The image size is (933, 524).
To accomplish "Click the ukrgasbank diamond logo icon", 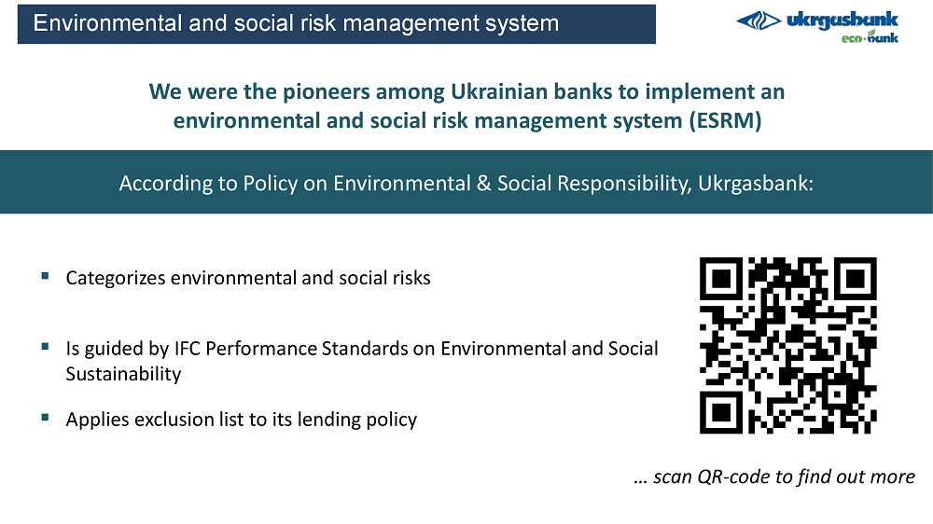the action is [759, 21].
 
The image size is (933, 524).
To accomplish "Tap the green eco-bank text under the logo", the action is [870, 37].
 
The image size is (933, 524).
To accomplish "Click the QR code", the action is [787, 346].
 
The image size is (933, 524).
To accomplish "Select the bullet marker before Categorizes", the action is [45, 275].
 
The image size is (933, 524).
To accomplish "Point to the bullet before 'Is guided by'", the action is [45, 346].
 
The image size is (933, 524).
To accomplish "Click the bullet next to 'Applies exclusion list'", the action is [45, 417].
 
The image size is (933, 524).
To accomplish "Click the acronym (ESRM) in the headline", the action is [725, 120].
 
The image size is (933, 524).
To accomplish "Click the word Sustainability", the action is [123, 374].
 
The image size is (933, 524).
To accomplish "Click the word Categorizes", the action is [116, 279].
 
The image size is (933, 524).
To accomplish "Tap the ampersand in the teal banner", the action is [483, 183].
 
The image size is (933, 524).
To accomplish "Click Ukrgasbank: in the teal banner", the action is [756, 183].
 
